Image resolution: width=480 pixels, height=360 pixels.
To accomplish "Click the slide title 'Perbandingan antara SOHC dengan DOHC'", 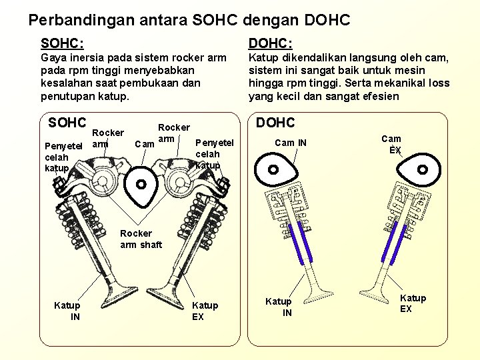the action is coord(189,20).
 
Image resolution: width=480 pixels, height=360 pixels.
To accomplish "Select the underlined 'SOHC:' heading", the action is coord(62,44).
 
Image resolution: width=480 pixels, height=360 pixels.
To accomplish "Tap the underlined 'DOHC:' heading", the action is coord(270,44).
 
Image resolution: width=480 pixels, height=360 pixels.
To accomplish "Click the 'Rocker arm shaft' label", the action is coord(141,239).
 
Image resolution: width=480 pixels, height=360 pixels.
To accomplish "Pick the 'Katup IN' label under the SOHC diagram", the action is coord(67,311).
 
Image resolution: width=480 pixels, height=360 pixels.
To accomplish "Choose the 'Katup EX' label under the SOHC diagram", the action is coord(205,311).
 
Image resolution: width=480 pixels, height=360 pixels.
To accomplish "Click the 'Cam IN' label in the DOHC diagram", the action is coord(291,142).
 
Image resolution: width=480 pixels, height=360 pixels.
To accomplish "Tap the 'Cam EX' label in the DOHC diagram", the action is coord(391,144).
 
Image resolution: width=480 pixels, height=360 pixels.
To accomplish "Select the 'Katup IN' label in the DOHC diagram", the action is coord(279,307).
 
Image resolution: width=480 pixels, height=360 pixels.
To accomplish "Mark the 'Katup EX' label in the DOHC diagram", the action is coord(413,303).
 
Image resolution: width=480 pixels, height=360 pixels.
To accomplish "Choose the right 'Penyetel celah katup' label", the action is coord(214,153).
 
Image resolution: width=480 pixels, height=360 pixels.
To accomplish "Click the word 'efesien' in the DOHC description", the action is coord(380,96).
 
